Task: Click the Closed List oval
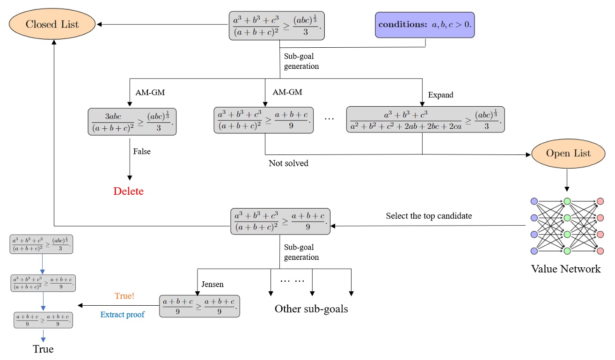coord(52,24)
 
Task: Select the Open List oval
coord(568,154)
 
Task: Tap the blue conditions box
coord(425,25)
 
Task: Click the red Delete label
coord(128,191)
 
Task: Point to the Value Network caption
coord(565,269)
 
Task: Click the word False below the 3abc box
coord(142,152)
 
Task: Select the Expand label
coord(440,95)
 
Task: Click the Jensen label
coord(212,284)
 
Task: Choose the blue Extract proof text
coord(122,315)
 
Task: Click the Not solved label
coord(288,163)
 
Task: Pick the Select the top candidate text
coord(429,216)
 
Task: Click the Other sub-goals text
coord(311,309)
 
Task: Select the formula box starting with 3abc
coord(132,122)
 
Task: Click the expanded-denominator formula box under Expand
coord(425,119)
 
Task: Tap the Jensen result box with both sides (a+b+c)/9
coord(199,306)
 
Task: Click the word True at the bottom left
coord(43,349)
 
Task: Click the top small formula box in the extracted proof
coord(42,244)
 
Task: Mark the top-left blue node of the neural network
coord(534,202)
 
